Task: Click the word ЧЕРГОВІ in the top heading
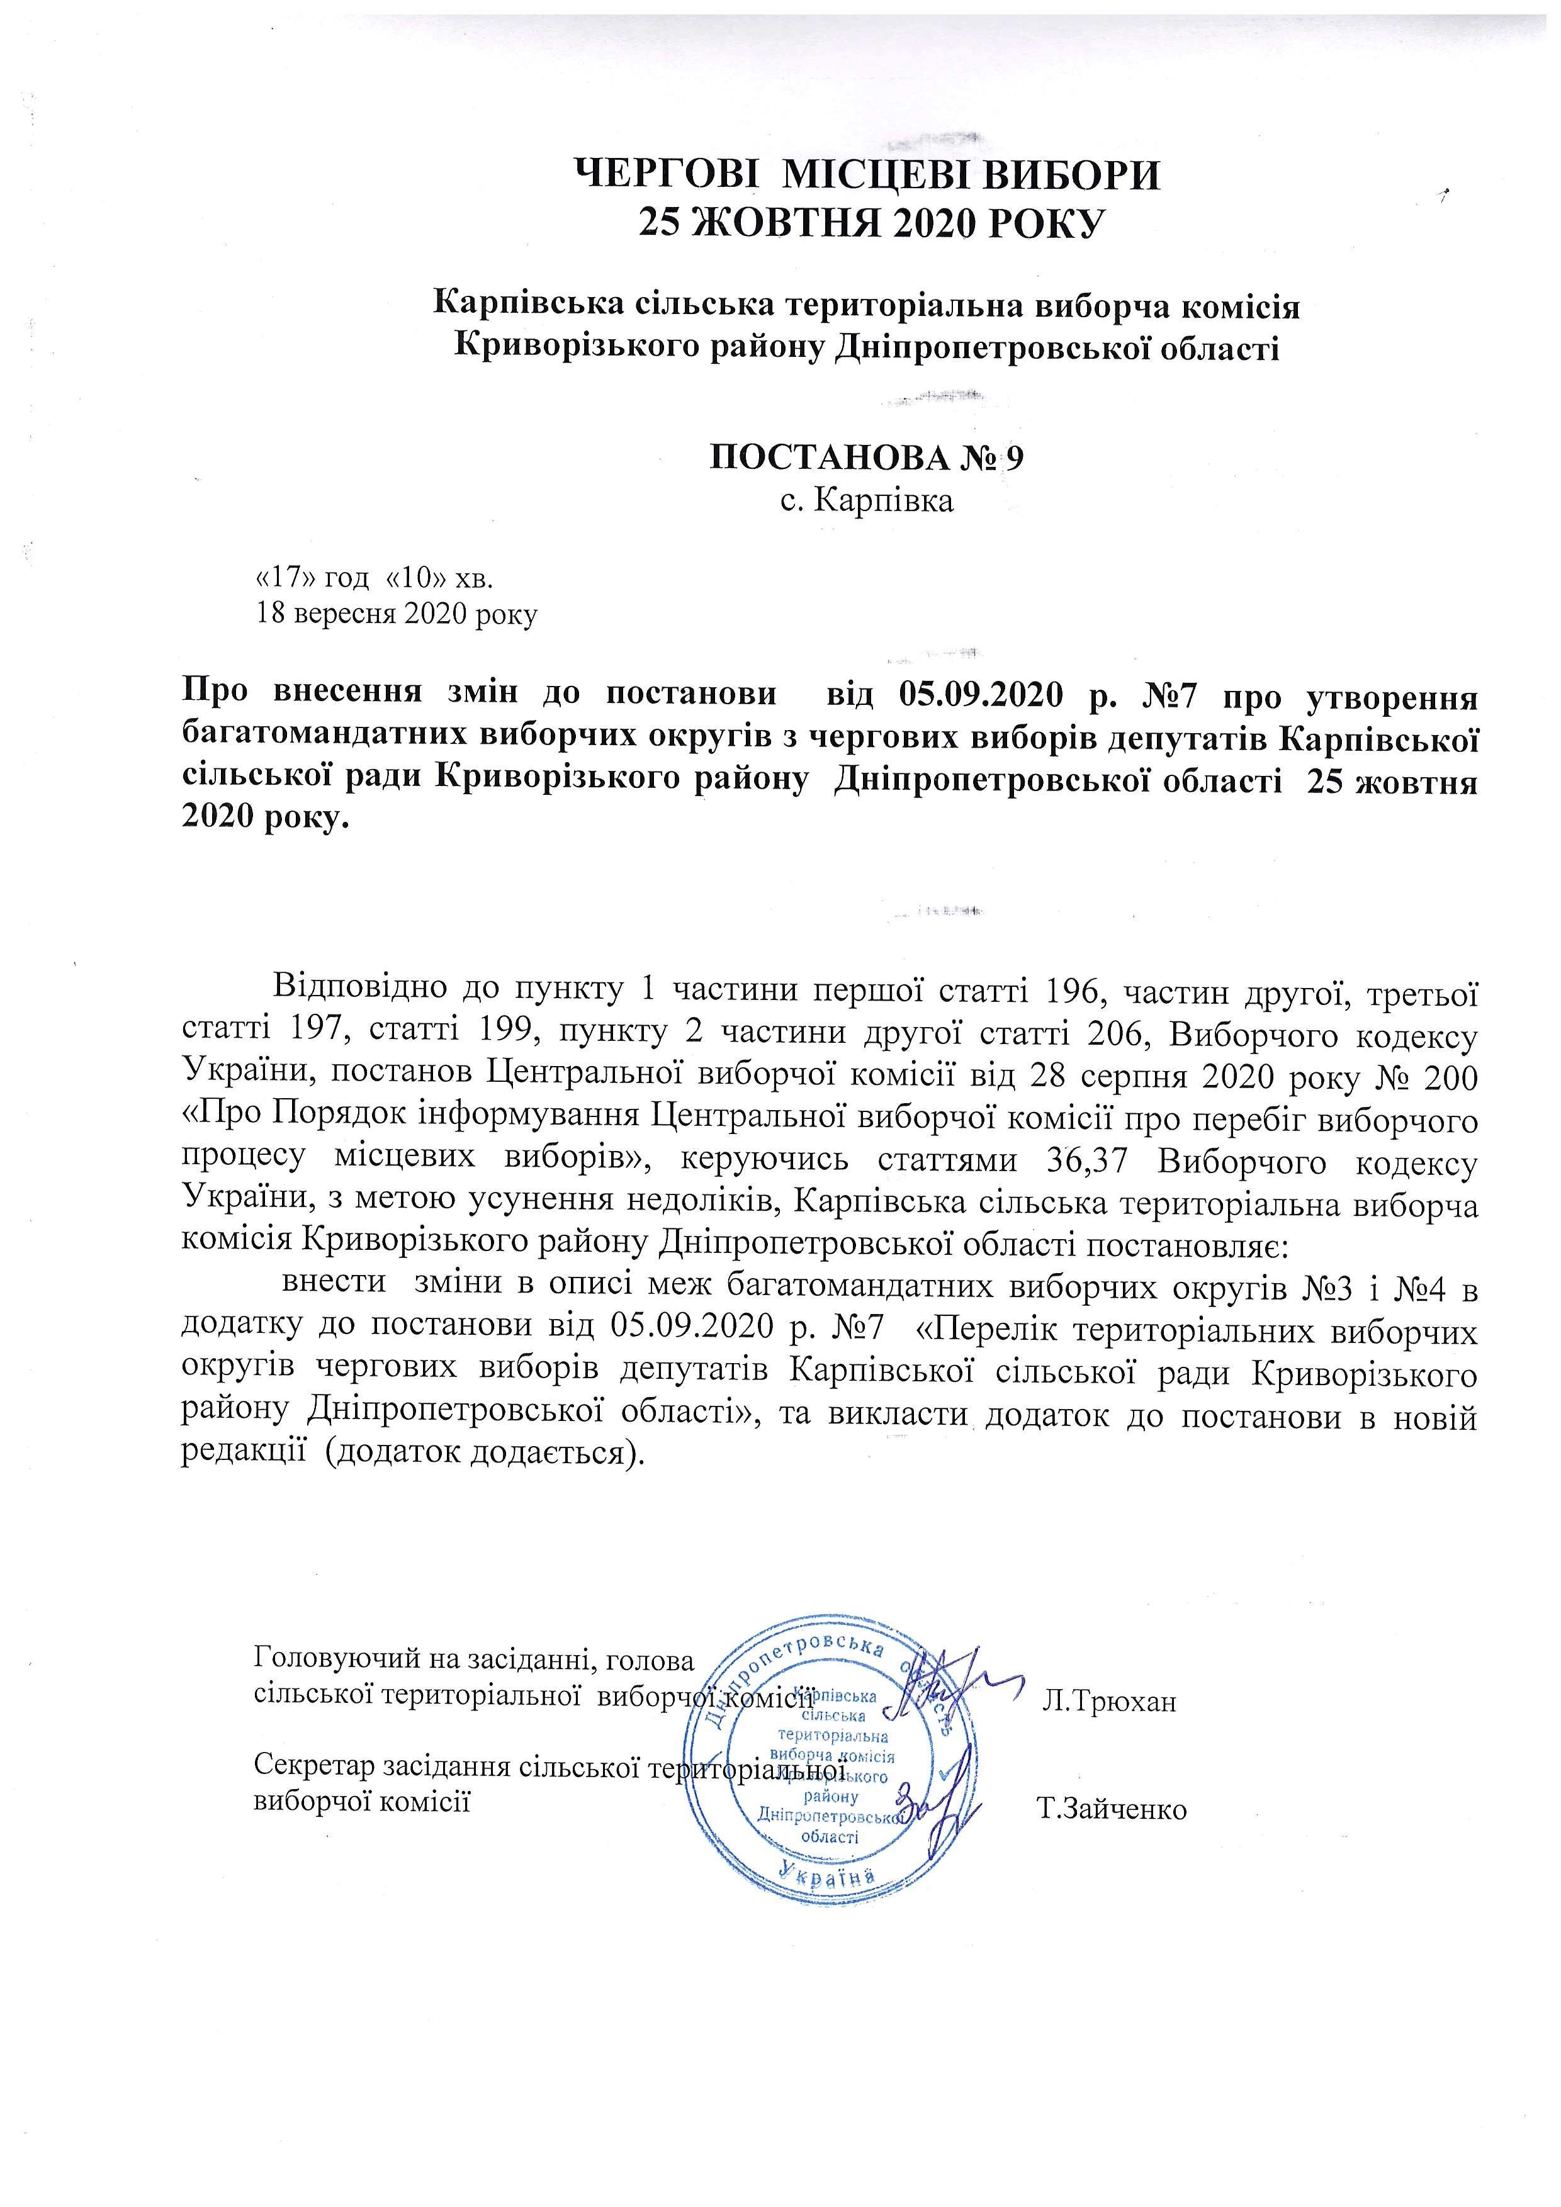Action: tap(666, 176)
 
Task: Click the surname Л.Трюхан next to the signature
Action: tap(1109, 1702)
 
